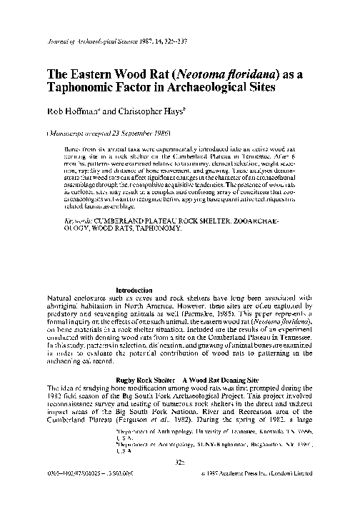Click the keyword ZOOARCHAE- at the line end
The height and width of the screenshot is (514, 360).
[268, 221]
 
